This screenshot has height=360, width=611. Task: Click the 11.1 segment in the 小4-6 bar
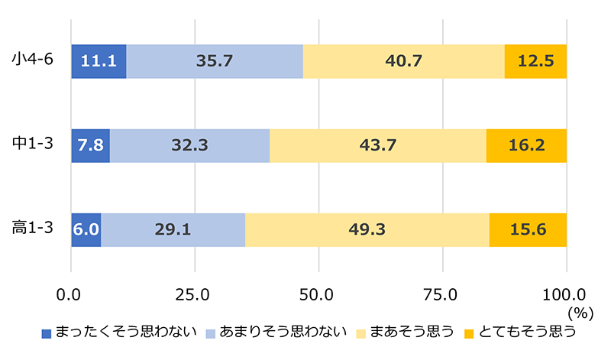[x=99, y=61]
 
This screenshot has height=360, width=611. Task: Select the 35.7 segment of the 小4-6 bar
[x=215, y=61]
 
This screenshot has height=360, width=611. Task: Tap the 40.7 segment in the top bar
[x=404, y=61]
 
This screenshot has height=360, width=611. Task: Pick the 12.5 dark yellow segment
[x=535, y=61]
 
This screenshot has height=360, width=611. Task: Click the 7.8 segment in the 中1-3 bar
[x=90, y=145]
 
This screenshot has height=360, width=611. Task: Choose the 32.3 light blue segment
[x=190, y=145]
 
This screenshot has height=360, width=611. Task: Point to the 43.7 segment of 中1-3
[x=378, y=145]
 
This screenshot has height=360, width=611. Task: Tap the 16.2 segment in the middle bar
[x=526, y=145]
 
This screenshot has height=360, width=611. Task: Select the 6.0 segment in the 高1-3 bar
[x=86, y=229]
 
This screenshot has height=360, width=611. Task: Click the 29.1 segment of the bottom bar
[x=173, y=229]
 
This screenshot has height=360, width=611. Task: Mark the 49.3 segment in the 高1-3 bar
[x=367, y=229]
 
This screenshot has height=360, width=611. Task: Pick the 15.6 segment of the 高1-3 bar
[x=528, y=229]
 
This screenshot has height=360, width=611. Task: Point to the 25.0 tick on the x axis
[x=195, y=293]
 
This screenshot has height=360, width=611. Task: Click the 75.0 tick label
[x=442, y=293]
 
